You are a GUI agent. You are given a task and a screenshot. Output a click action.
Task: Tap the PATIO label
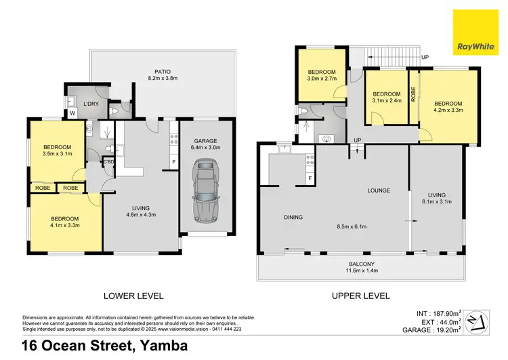(x=163, y=73)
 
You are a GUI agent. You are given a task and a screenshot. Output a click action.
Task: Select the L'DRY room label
(x=91, y=104)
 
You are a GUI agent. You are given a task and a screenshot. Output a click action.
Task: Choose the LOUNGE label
(x=379, y=191)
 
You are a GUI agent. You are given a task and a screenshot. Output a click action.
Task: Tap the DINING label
(x=293, y=217)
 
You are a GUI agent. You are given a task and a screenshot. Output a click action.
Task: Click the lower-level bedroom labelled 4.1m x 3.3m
(x=65, y=222)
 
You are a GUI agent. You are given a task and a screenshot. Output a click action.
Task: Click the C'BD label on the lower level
(x=108, y=161)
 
